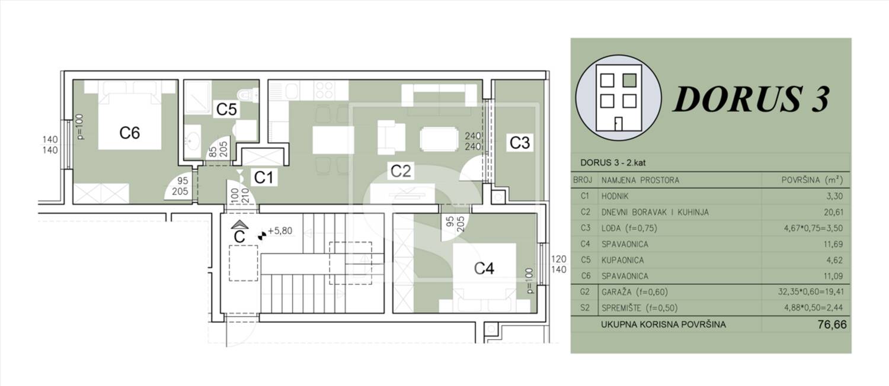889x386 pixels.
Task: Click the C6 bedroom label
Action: pyautogui.click(x=129, y=133)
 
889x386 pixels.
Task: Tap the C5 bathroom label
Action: pyautogui.click(x=226, y=109)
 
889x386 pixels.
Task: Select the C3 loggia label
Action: pyautogui.click(x=520, y=143)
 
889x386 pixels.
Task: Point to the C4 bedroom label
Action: pyautogui.click(x=484, y=268)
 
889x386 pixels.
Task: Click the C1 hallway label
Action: pyautogui.click(x=264, y=178)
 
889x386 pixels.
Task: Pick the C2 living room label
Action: pyautogui.click(x=401, y=171)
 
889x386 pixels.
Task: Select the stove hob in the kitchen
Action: pyautogui.click(x=324, y=91)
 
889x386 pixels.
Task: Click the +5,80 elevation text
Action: pyautogui.click(x=280, y=231)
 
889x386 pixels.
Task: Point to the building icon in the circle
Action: pyautogui.click(x=618, y=98)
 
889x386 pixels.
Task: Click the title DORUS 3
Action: pyautogui.click(x=752, y=99)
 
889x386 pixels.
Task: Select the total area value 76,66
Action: pyautogui.click(x=832, y=324)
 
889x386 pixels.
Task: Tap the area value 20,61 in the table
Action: pyautogui.click(x=833, y=213)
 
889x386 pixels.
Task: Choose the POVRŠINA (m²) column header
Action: pyautogui.click(x=812, y=180)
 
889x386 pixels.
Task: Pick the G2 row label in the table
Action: pyautogui.click(x=584, y=292)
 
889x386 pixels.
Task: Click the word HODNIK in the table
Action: pyautogui.click(x=615, y=196)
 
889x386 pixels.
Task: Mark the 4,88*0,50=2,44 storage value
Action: pyautogui.click(x=813, y=308)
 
